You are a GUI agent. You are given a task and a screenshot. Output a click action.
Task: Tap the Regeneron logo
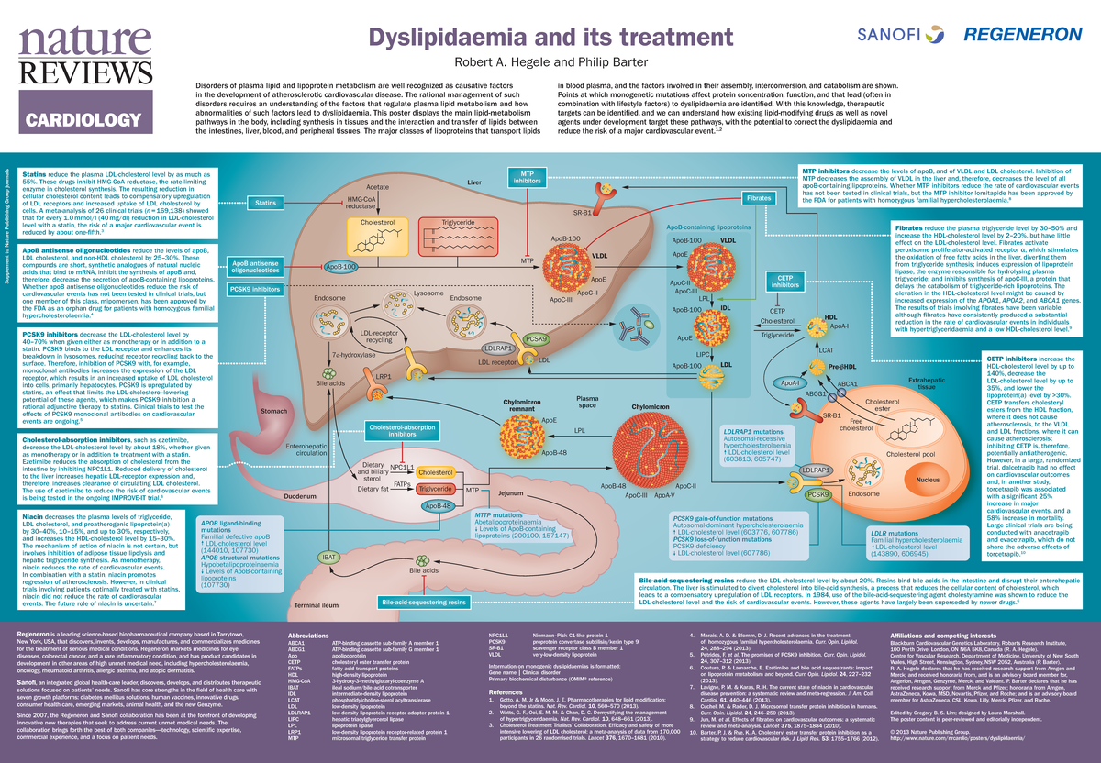tap(1022, 34)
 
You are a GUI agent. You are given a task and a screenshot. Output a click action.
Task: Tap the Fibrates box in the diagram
tap(758, 198)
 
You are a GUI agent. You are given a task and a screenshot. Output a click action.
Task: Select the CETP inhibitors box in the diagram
tap(784, 282)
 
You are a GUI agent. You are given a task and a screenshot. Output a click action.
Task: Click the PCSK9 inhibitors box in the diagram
tap(253, 290)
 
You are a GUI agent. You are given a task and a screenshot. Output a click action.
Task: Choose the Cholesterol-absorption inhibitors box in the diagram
tap(403, 432)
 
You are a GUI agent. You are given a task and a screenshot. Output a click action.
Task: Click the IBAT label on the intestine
tap(328, 558)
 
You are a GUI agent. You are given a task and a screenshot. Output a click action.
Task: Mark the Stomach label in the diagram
tap(274, 412)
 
